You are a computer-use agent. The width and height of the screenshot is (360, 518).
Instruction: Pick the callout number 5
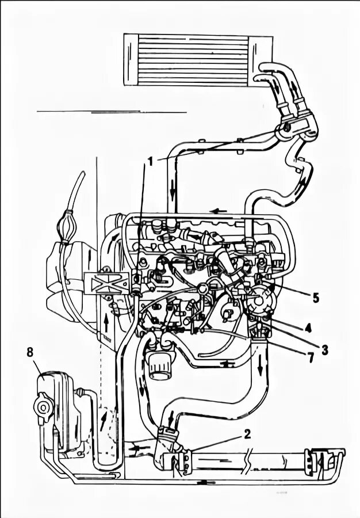click(x=315, y=299)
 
